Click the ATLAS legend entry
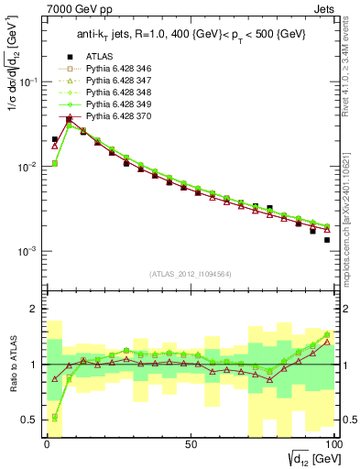click(x=99, y=82)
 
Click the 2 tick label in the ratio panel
click(x=34, y=309)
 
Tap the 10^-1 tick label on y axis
click(x=28, y=82)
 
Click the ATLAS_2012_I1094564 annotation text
click(x=191, y=274)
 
